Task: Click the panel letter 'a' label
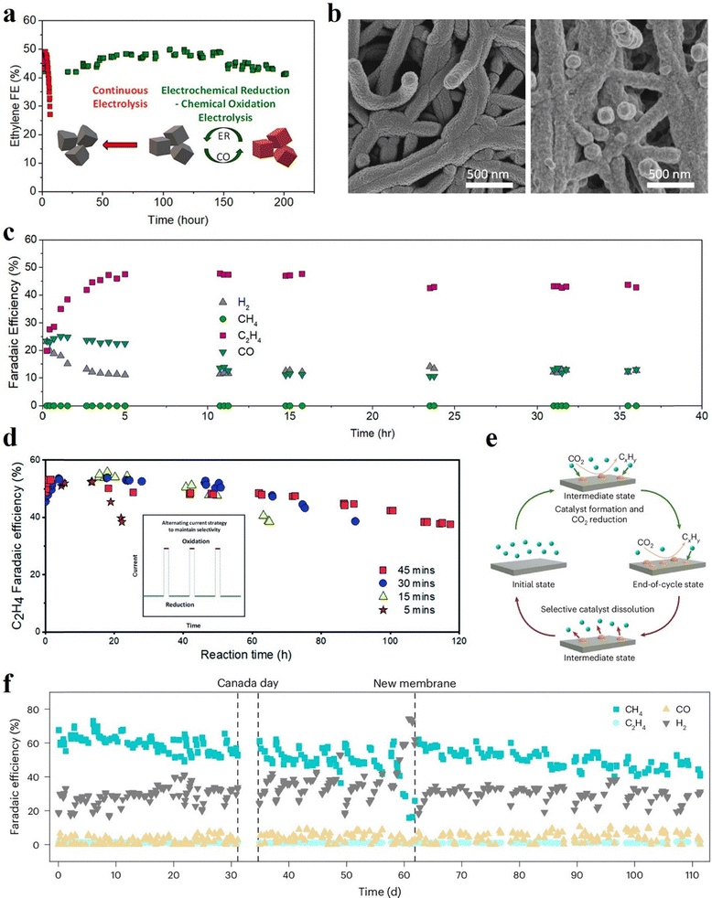[10, 10]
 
